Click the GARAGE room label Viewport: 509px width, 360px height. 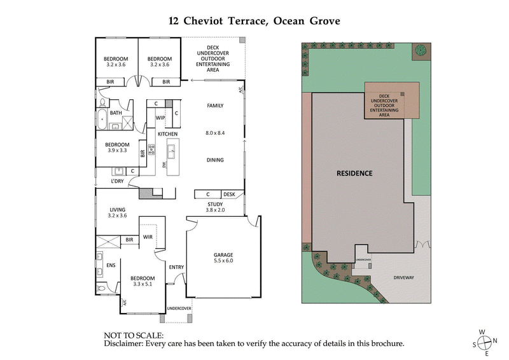[x=223, y=254]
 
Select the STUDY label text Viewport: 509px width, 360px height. [x=214, y=204]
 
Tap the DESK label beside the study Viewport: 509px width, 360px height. [x=229, y=195]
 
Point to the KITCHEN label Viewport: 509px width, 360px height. [x=167, y=134]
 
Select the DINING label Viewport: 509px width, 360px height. [x=215, y=160]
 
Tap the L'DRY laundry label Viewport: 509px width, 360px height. [x=117, y=182]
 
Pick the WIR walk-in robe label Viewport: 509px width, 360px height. [x=148, y=237]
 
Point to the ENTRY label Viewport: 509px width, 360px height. [x=176, y=267]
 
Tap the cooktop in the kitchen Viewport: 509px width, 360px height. [x=151, y=151]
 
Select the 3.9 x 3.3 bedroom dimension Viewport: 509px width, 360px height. [x=117, y=151]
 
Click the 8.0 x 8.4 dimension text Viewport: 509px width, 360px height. [x=215, y=132]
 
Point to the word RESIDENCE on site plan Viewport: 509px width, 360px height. [x=354, y=173]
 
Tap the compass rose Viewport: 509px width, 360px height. [x=487, y=342]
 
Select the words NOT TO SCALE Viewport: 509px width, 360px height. [x=134, y=335]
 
